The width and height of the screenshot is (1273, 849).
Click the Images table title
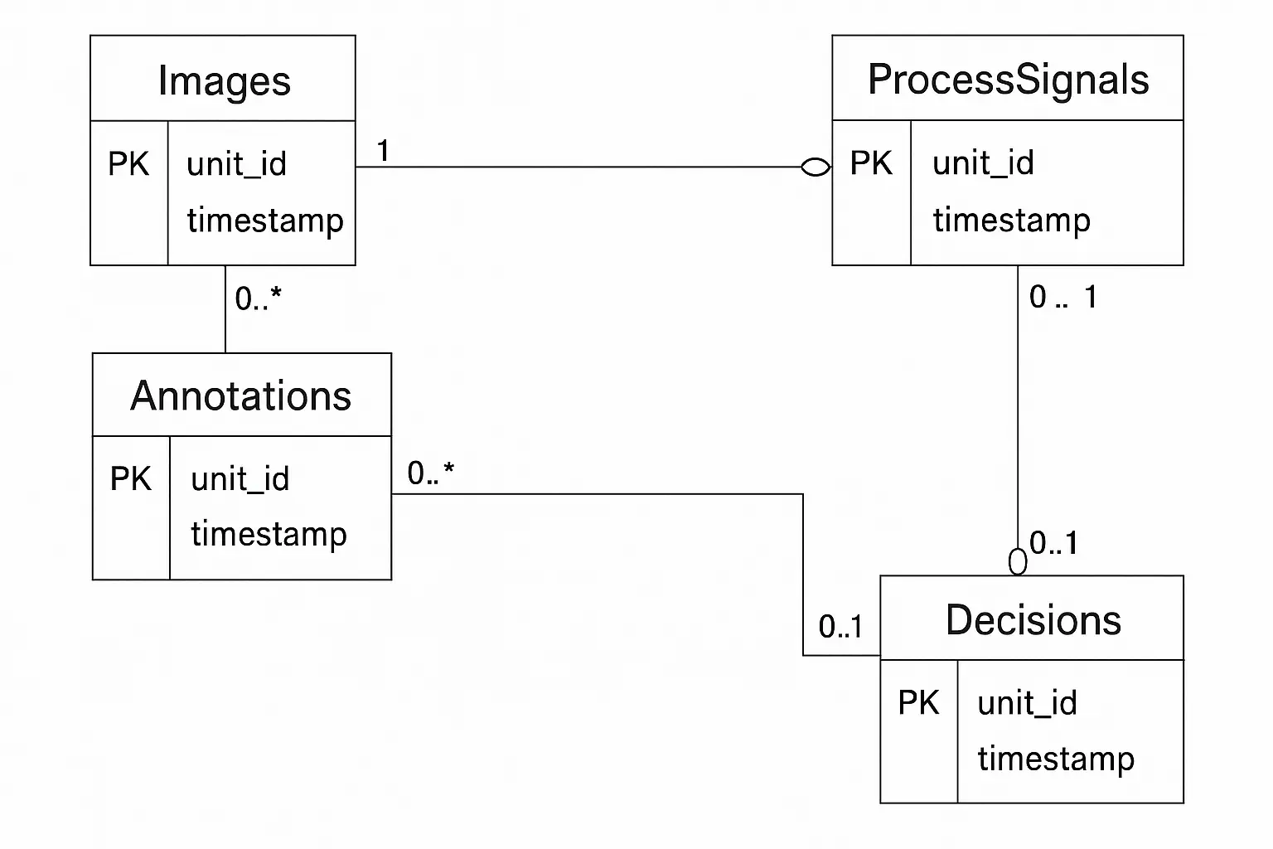(224, 81)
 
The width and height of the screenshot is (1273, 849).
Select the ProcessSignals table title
(1008, 80)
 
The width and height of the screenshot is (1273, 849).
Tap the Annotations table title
(241, 396)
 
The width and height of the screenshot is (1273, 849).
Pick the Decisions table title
(1033, 620)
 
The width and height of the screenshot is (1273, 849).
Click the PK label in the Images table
(128, 164)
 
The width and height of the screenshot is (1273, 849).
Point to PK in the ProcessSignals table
(871, 163)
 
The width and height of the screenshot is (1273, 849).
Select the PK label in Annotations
(131, 479)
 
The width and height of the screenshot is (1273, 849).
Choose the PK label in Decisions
(918, 703)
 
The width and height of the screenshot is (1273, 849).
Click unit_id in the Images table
(236, 164)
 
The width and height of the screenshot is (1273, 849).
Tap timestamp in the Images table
(264, 221)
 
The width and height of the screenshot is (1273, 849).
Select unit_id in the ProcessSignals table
(983, 163)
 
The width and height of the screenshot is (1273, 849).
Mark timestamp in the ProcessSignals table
(1011, 221)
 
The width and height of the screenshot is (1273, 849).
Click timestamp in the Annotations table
(269, 535)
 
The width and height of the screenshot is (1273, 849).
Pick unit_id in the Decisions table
(1027, 703)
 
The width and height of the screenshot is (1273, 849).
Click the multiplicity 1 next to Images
(383, 151)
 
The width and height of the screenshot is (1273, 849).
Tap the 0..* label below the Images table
(258, 298)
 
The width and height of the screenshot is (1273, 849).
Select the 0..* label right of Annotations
(430, 473)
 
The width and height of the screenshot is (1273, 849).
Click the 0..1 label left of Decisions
(840, 627)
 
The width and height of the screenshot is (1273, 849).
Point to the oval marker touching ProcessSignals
(816, 167)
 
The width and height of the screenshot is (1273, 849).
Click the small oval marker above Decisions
(1018, 562)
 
